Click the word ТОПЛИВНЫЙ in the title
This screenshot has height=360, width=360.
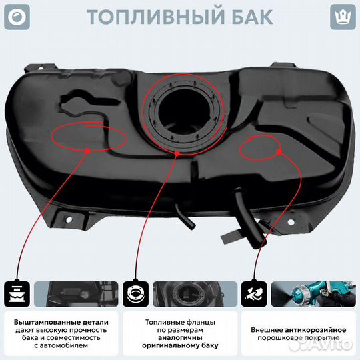(x=155, y=17)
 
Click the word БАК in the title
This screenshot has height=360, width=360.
(x=252, y=17)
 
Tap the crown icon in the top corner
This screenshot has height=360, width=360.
(x=343, y=17)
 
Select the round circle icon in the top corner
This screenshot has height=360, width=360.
(x=17, y=17)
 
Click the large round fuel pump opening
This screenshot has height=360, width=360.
(x=183, y=112)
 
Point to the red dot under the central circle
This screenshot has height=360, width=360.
(x=177, y=153)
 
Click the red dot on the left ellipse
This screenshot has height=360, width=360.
(x=87, y=151)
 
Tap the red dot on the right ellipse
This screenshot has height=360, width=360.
(x=279, y=152)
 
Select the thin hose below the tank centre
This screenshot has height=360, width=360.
(x=185, y=217)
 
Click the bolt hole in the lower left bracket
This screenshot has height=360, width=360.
(x=69, y=220)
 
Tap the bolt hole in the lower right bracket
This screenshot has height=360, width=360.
(x=291, y=222)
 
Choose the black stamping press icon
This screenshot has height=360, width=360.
(x=17, y=294)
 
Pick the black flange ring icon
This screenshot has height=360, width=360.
(x=135, y=294)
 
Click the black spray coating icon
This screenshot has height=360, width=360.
(x=254, y=294)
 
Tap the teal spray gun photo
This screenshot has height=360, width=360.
(x=313, y=294)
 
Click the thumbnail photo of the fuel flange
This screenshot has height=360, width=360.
(x=195, y=294)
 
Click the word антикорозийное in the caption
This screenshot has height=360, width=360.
(x=315, y=330)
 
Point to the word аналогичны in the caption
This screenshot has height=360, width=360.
(x=180, y=338)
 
